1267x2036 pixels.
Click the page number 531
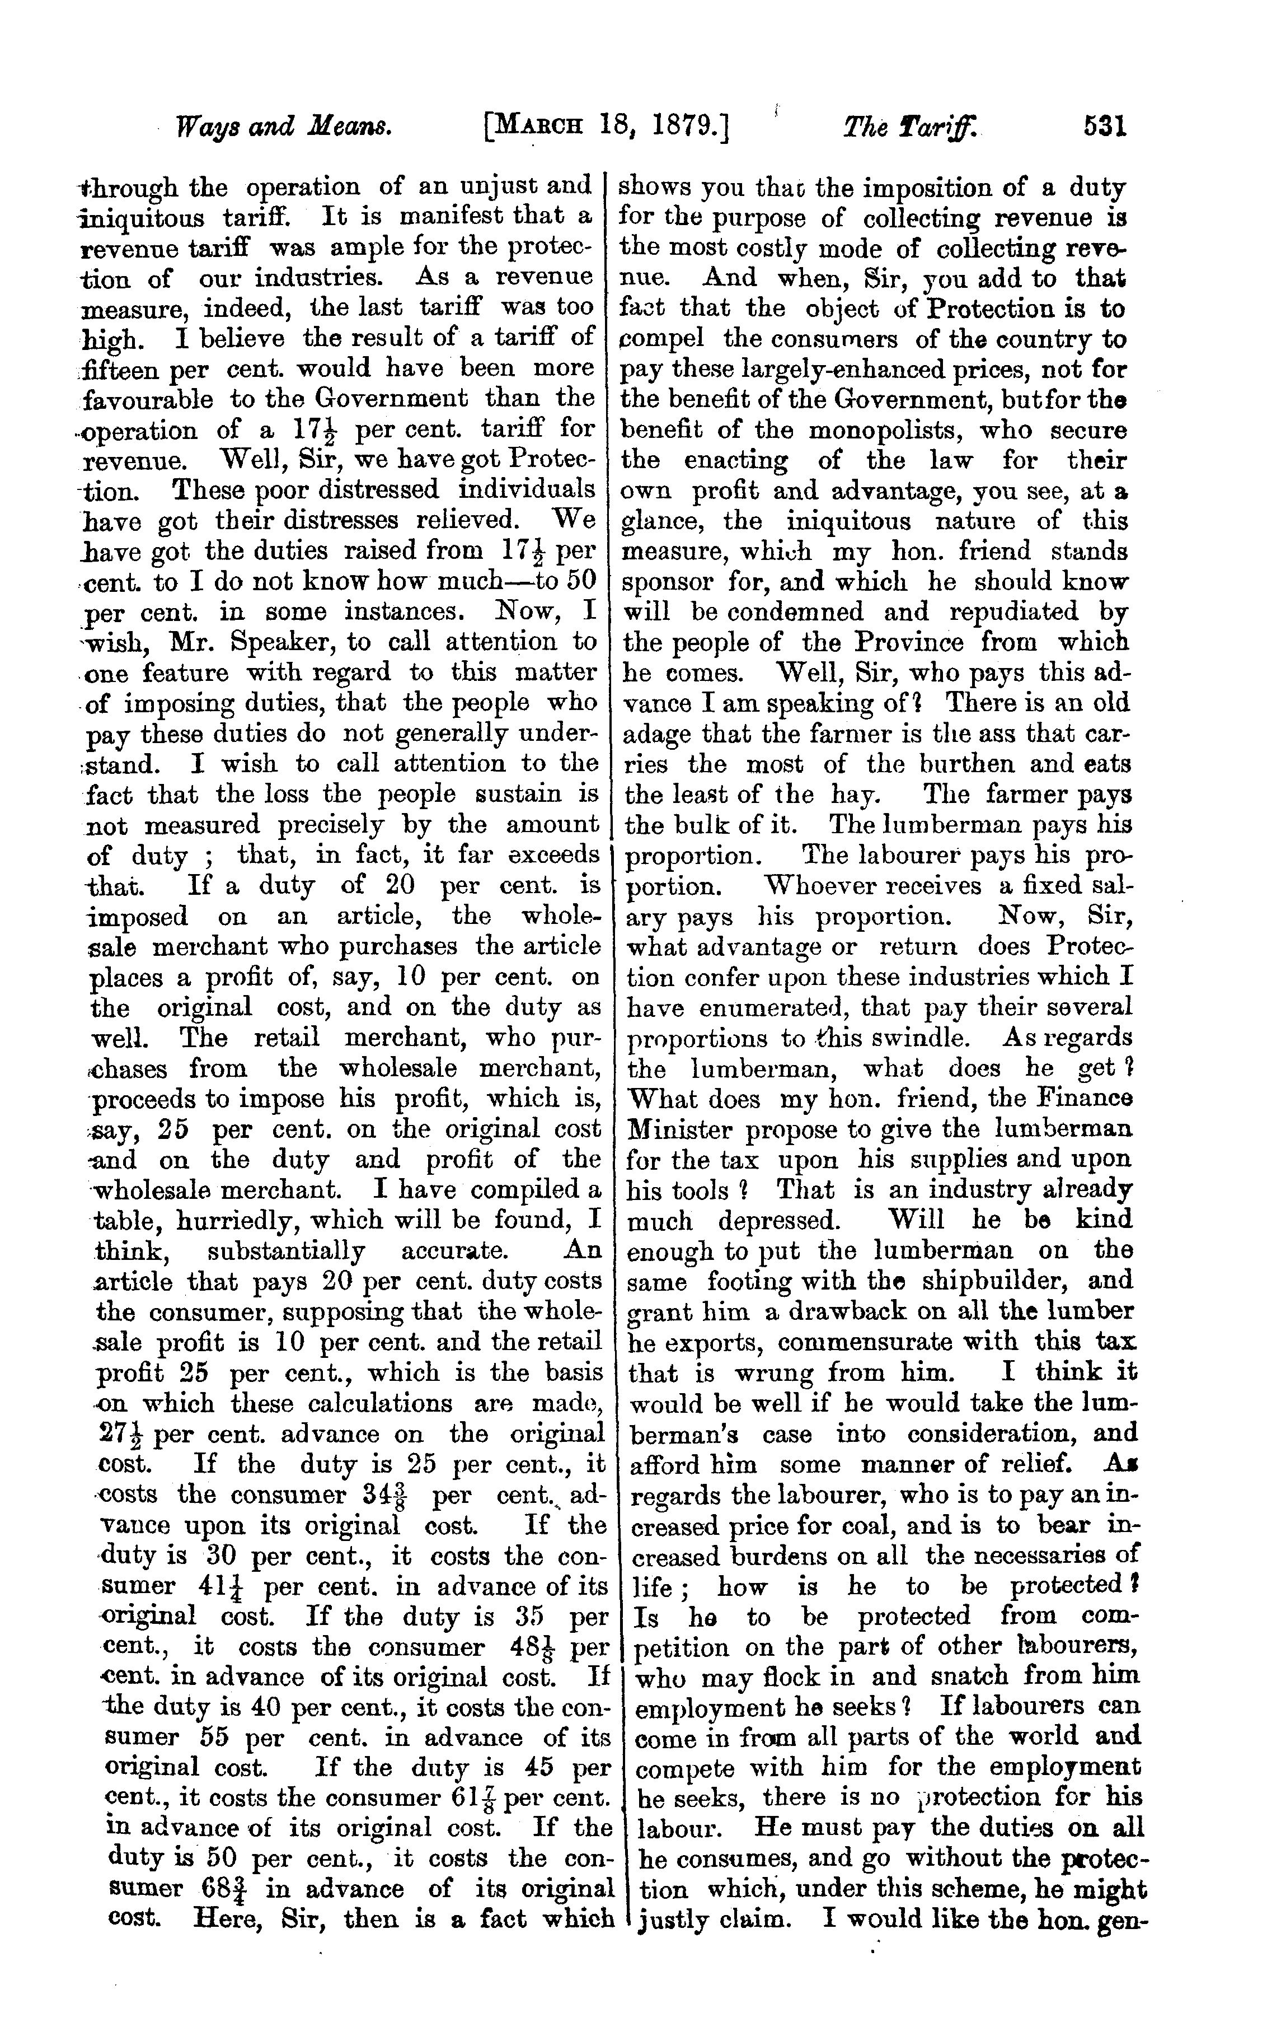1105,128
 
